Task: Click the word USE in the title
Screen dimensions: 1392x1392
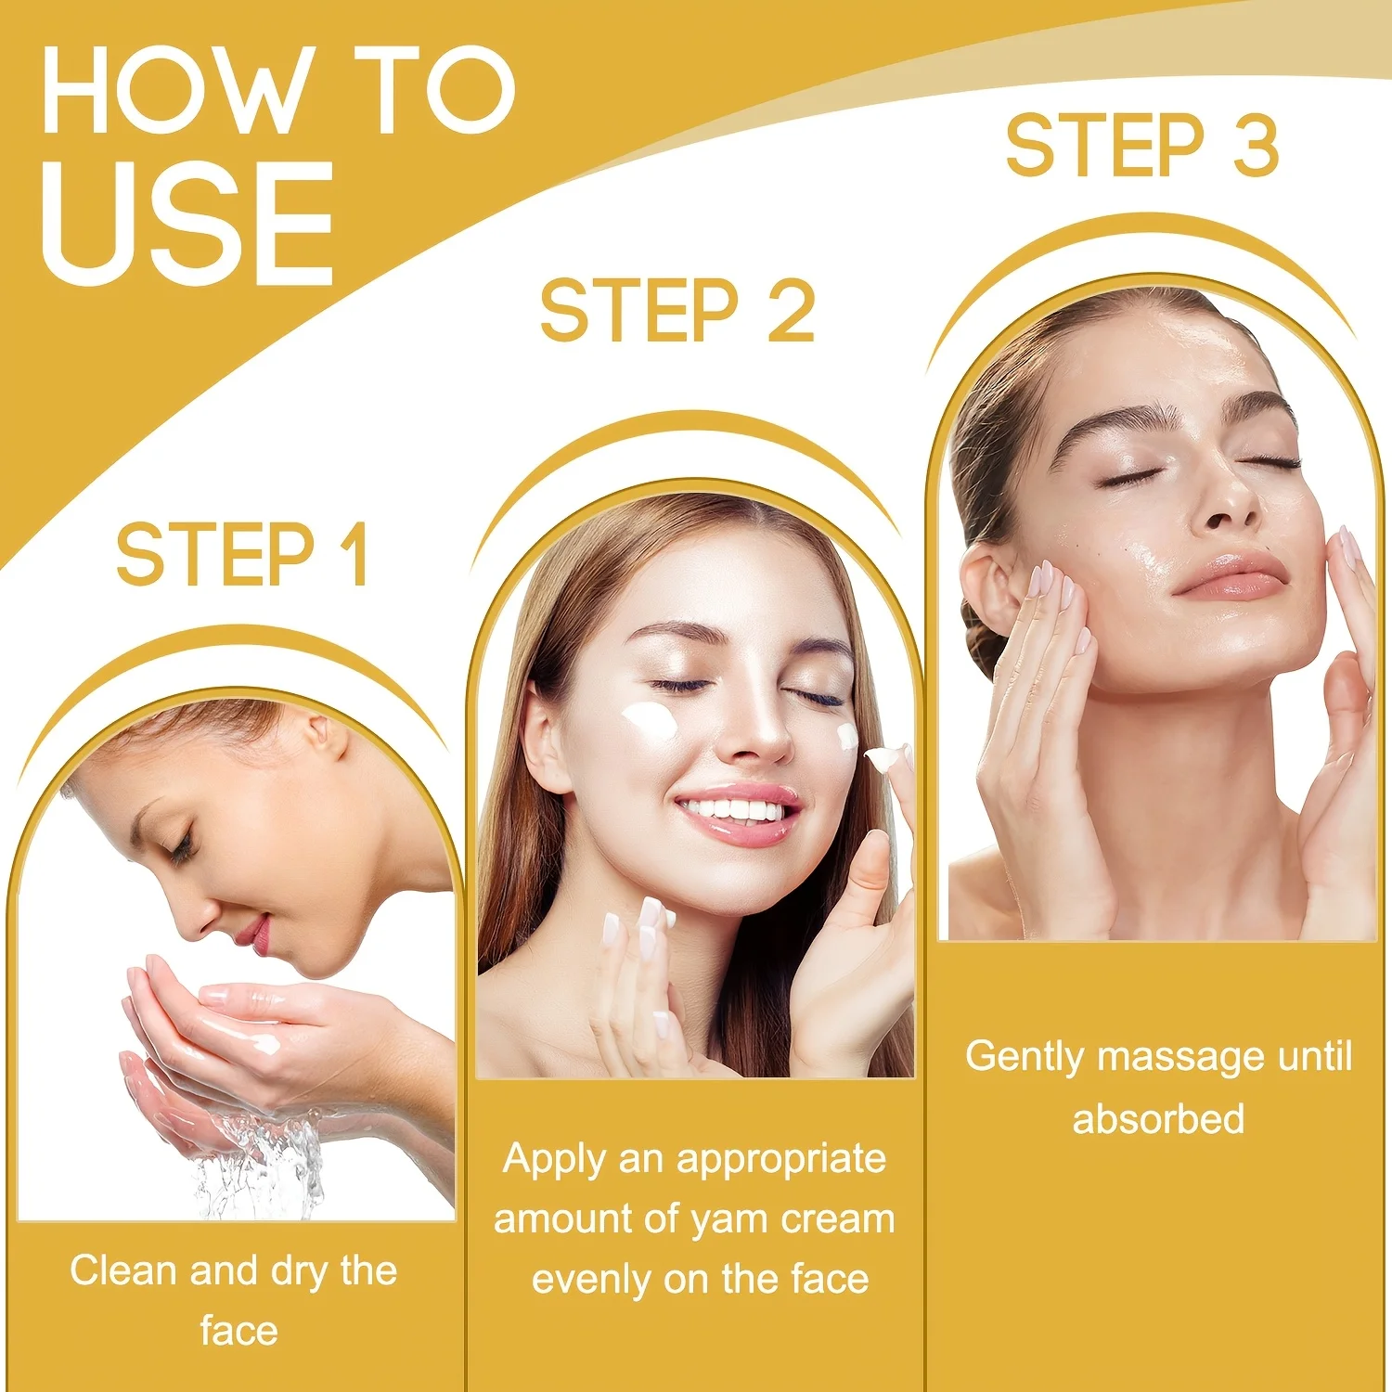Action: click(x=187, y=223)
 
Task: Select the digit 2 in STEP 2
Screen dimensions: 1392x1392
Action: click(x=791, y=310)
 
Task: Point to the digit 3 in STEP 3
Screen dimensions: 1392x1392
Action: click(x=1256, y=145)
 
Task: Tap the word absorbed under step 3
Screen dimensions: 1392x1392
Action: click(x=1158, y=1118)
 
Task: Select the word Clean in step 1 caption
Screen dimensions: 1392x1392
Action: click(x=124, y=1270)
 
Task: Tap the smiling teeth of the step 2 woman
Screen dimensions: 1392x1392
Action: click(x=733, y=809)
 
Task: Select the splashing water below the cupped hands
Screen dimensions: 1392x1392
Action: click(x=260, y=1165)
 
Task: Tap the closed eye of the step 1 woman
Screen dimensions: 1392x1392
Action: click(x=178, y=845)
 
